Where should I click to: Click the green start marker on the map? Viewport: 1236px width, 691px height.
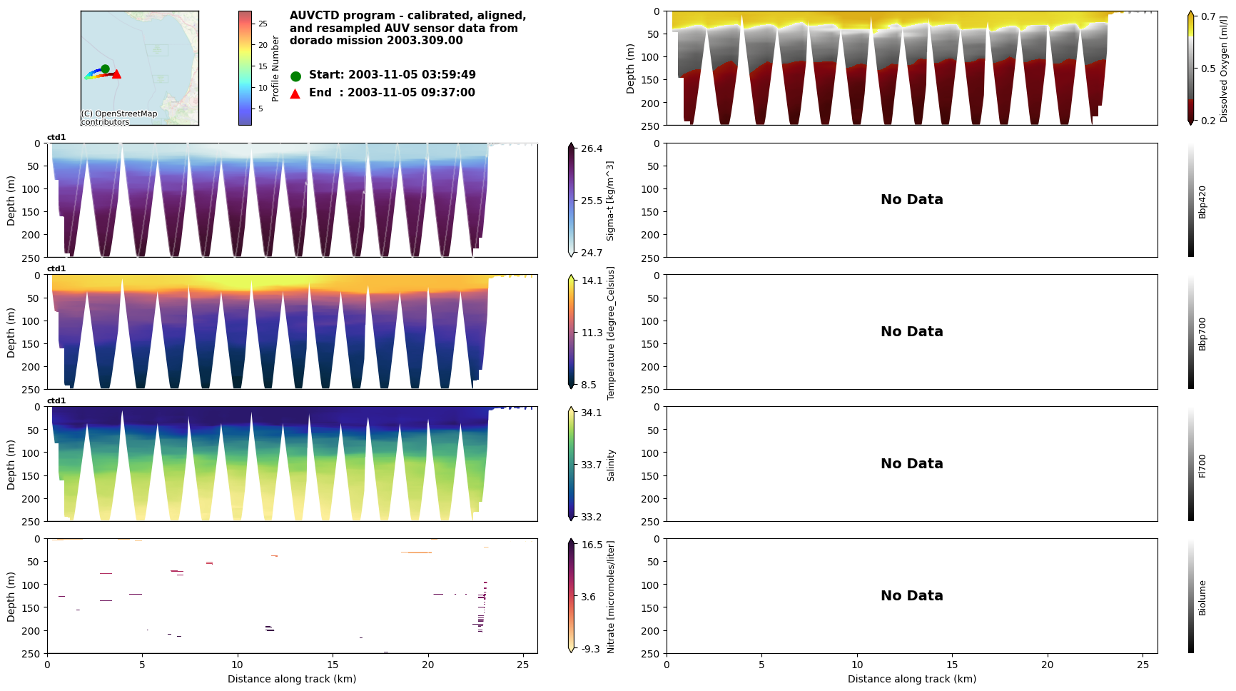[x=105, y=69]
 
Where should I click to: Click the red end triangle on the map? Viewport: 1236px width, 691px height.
[x=116, y=74]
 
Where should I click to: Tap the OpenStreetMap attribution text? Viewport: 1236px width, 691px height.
[x=118, y=118]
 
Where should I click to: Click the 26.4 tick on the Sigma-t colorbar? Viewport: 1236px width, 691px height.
[x=591, y=148]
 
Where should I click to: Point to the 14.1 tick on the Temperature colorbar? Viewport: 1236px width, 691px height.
[x=591, y=281]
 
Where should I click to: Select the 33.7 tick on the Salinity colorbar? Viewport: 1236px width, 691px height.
[x=591, y=465]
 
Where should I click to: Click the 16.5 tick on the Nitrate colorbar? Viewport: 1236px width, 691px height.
[x=591, y=545]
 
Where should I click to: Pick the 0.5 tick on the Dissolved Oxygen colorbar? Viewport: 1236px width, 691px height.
[x=1208, y=69]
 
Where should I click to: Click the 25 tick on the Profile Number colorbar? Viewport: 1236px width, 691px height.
[x=263, y=24]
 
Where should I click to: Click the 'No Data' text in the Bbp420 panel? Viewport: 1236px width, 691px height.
[x=911, y=200]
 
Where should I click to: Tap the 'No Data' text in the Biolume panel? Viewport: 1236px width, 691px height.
[x=911, y=596]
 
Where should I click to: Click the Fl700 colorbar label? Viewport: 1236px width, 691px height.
[x=1202, y=465]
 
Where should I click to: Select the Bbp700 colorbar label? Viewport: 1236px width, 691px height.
[x=1202, y=333]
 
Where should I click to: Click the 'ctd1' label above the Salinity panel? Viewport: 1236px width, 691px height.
[x=56, y=401]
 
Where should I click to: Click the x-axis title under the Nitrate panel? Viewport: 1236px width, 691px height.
[x=292, y=679]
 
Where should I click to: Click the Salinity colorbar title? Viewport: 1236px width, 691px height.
[x=611, y=465]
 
